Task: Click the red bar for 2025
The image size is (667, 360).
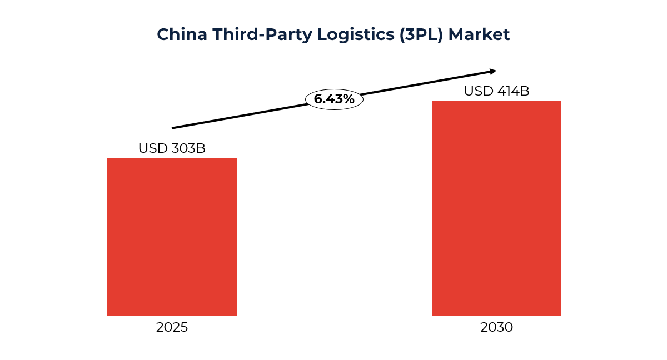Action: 172,237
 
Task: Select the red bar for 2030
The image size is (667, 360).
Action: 496,208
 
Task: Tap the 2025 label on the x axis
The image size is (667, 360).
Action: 172,327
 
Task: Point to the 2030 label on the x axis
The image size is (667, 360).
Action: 496,327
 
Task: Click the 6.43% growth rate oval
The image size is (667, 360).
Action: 334,99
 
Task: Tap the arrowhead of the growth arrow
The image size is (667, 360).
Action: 492,71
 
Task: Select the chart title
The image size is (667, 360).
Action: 333,34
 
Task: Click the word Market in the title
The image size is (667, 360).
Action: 479,34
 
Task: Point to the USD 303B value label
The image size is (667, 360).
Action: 172,148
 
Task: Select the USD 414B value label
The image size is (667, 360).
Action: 496,91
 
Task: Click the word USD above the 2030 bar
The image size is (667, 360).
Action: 478,91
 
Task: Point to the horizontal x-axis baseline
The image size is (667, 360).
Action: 333,316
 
